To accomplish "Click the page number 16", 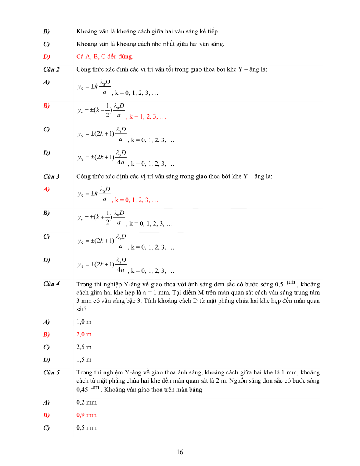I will click(180, 452).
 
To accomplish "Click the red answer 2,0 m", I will click(84, 334).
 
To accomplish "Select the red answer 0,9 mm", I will click(86, 415).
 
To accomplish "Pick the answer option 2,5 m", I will click(84, 347).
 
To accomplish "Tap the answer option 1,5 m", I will click(84, 360).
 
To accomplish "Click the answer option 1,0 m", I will click(84, 322).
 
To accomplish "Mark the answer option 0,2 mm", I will click(86, 402).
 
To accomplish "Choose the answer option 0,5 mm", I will click(86, 427).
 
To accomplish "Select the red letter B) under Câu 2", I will click(46, 105).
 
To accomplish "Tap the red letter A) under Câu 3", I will click(46, 189).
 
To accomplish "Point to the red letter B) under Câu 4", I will click(46, 334).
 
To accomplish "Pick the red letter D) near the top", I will click(46, 56).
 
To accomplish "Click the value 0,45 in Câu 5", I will click(82, 390).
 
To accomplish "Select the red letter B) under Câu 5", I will click(46, 415).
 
